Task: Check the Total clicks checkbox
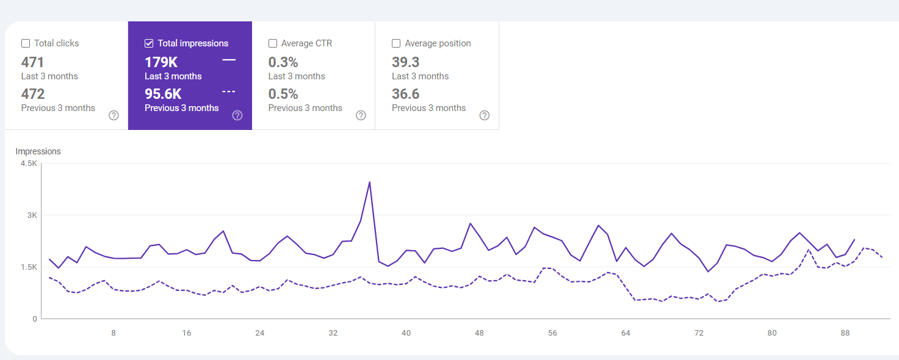(26, 43)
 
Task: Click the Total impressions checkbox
(149, 43)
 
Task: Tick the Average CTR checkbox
(273, 43)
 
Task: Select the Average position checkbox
(396, 43)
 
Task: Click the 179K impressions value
(161, 62)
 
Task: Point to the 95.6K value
(163, 94)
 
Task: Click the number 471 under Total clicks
(32, 62)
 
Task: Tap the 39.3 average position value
(405, 62)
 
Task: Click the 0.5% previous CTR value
(283, 94)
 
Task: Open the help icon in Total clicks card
(114, 115)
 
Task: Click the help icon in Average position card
(485, 115)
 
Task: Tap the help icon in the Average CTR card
(361, 115)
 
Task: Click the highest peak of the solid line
(369, 182)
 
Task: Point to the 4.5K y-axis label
(29, 164)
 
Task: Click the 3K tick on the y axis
(32, 215)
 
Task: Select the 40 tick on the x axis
(406, 333)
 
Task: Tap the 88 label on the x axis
(845, 333)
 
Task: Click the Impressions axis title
(38, 151)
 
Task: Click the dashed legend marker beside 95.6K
(229, 92)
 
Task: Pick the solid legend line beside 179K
(229, 60)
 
